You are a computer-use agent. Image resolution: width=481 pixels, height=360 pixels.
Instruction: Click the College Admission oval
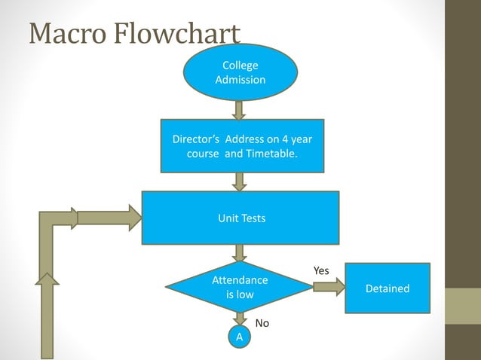pos(240,72)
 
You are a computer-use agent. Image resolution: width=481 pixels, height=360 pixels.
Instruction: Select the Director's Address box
pos(242,146)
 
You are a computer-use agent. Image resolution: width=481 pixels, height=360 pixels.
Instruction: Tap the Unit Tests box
pos(240,218)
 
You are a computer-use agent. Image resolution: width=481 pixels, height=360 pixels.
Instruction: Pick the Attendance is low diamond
pos(240,287)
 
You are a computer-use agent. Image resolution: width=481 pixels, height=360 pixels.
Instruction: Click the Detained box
pos(388,288)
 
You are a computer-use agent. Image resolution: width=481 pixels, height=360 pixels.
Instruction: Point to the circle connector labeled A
pos(240,337)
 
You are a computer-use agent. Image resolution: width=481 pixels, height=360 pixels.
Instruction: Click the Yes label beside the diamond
pos(321,270)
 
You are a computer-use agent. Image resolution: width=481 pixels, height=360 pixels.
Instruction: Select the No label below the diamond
pos(262,323)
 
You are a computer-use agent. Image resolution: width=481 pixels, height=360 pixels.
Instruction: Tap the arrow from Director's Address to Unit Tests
pos(240,182)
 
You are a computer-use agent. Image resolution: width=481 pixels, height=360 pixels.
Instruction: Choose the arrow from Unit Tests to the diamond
pos(240,253)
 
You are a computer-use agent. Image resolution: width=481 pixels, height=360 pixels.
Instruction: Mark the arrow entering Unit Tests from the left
pos(109,218)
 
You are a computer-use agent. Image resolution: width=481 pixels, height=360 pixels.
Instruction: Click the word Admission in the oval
pos(240,79)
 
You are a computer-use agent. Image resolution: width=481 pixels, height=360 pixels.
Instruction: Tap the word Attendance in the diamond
pos(240,279)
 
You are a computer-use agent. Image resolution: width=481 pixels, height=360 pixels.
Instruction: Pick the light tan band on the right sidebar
pos(463,306)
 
